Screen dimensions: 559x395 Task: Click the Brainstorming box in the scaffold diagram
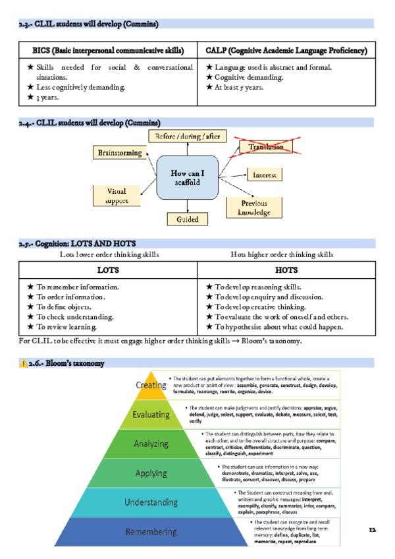(120, 153)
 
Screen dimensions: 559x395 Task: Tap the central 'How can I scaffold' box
(187, 178)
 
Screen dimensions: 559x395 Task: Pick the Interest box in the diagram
(264, 175)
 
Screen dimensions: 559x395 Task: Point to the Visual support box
(117, 196)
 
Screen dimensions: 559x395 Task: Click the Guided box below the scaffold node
(187, 219)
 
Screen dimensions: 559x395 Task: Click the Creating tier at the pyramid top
(151, 386)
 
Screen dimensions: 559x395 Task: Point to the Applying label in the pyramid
(151, 473)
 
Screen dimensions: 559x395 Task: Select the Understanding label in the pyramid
(151, 502)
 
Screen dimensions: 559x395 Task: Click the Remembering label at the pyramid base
(151, 531)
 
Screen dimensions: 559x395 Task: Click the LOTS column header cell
(108, 270)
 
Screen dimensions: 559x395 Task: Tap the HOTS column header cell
(286, 270)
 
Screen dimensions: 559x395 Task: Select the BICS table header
(108, 51)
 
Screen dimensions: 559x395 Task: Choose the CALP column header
(286, 51)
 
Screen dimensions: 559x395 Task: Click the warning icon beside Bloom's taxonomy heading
(24, 363)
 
